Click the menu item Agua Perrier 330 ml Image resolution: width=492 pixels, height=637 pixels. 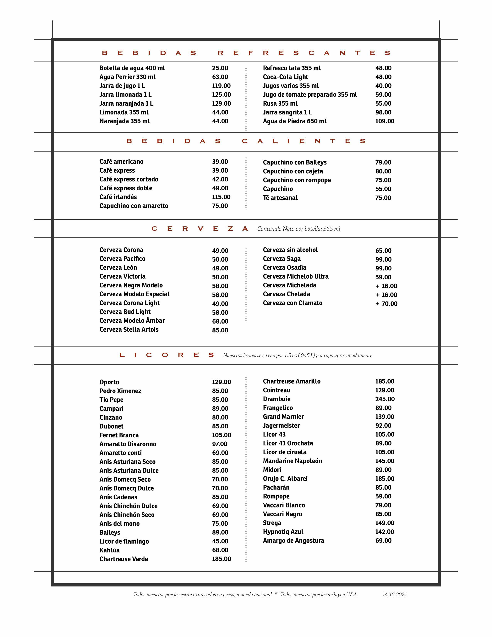coord(127,77)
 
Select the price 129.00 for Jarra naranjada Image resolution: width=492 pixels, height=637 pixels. coord(221,103)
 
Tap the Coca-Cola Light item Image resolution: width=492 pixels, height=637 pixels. coord(285,77)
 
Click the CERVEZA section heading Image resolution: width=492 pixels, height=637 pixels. coord(200,229)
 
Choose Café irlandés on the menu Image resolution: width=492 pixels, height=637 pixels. coord(118,197)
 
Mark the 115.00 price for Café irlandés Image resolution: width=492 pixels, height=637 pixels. coord(221,197)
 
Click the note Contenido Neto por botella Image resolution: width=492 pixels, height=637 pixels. coord(298,229)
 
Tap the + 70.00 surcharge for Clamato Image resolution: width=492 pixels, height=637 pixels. coord(386,304)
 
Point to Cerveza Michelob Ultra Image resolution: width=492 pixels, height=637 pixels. coord(296,276)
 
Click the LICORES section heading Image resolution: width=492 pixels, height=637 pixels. coord(167,355)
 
